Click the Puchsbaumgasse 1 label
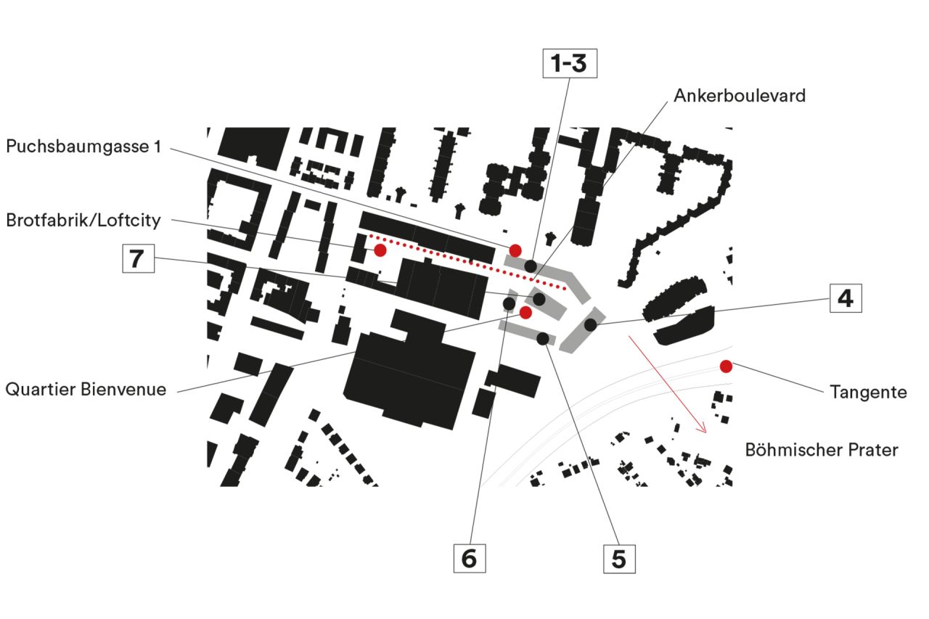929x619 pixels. point(83,147)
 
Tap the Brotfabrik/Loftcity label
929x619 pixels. point(83,219)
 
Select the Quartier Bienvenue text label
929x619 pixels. point(86,390)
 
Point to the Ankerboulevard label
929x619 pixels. point(739,96)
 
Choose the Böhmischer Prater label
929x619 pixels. point(821,450)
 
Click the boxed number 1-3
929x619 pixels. point(570,64)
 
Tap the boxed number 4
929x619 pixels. point(846,298)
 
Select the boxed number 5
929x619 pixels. point(619,559)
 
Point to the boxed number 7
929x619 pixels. point(138,258)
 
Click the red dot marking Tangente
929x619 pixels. point(726,366)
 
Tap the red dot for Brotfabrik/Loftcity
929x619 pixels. point(380,250)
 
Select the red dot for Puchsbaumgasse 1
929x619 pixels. point(515,250)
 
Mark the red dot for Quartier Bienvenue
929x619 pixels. point(525,312)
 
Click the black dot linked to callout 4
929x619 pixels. point(591,325)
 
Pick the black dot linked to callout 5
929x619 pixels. point(542,338)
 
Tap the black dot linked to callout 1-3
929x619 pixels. point(531,266)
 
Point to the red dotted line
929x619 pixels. point(464,262)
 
